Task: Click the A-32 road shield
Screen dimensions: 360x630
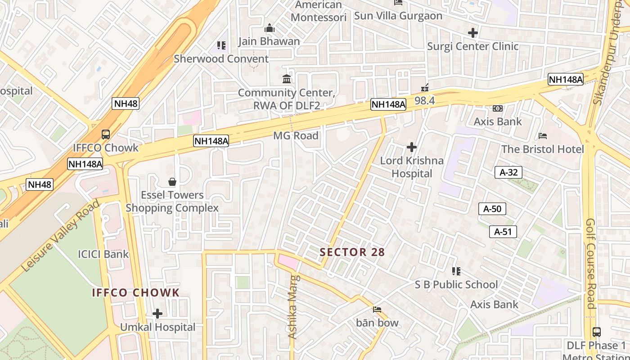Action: coord(508,172)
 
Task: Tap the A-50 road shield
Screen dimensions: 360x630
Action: coord(492,209)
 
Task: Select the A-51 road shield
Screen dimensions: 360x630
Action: coord(503,232)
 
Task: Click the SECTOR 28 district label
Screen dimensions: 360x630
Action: coord(352,252)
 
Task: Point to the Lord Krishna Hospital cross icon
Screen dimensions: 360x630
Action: coord(411,147)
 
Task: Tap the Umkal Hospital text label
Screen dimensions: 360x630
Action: coord(157,327)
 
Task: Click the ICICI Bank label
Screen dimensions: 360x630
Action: coord(103,254)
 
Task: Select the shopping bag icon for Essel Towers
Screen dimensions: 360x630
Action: coord(172,182)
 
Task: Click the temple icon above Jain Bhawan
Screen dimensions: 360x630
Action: coord(270,28)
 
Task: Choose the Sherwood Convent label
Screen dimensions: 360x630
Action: coord(221,58)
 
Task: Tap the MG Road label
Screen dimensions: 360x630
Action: coord(296,135)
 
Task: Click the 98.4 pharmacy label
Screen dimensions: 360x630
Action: coord(424,100)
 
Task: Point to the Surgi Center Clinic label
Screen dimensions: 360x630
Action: coord(472,46)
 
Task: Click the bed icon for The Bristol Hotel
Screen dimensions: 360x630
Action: coord(543,136)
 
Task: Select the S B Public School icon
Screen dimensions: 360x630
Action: coord(456,271)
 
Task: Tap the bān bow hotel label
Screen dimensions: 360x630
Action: coord(377,323)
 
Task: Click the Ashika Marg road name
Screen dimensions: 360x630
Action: coord(293,306)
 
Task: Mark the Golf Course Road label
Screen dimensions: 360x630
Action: coord(590,263)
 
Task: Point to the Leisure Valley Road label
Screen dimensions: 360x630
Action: coord(60,236)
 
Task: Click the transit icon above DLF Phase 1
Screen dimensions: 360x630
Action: coord(596,332)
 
